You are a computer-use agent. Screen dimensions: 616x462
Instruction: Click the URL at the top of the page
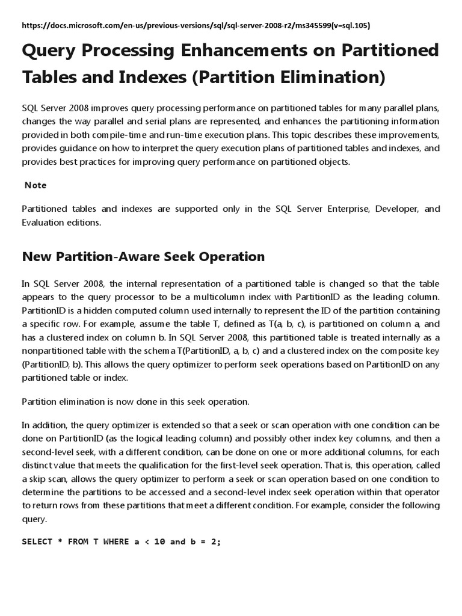(196, 25)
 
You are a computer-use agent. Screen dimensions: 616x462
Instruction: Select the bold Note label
(35, 185)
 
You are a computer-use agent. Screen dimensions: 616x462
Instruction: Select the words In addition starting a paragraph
(42, 425)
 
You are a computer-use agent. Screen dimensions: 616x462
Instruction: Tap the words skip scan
(43, 479)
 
